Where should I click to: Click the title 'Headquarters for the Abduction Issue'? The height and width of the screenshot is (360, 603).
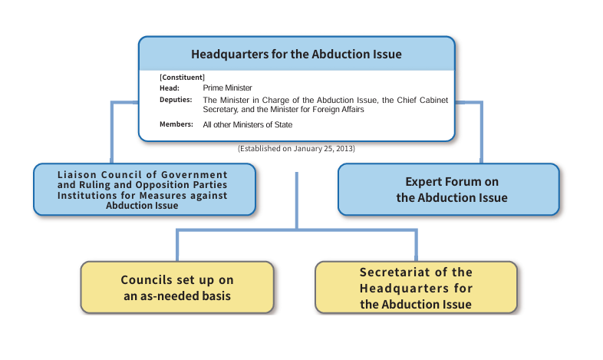[x=296, y=54]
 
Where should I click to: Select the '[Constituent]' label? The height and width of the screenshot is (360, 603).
[x=182, y=78]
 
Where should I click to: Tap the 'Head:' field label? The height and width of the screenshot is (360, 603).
[x=170, y=88]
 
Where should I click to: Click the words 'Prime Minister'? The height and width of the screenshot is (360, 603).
[x=227, y=88]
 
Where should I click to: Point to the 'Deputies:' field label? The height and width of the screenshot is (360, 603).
[x=176, y=100]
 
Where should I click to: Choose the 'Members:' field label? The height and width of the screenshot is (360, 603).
[x=176, y=124]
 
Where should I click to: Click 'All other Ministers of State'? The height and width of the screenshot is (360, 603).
[x=248, y=124]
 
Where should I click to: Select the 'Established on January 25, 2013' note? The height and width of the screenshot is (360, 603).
[x=296, y=148]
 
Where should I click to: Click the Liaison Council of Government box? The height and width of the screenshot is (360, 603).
[x=144, y=190]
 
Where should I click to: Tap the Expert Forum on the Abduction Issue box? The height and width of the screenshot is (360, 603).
[x=448, y=190]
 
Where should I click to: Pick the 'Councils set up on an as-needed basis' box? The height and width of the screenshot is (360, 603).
[x=177, y=288]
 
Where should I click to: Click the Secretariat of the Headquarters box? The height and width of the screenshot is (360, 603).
[x=416, y=288]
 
